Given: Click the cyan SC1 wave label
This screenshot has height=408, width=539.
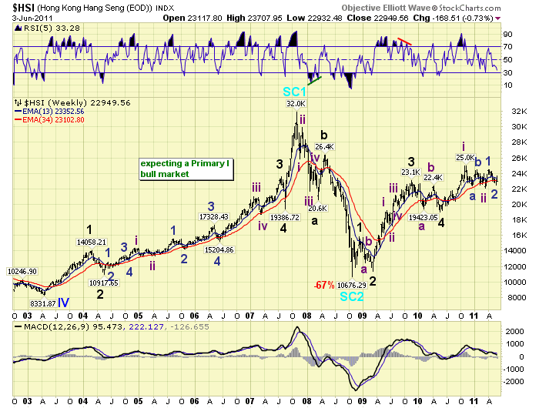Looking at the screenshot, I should tap(296, 92).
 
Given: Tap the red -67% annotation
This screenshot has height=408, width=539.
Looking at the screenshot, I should tap(322, 285).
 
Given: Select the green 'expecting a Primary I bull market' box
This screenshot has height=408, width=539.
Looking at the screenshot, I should tap(185, 169).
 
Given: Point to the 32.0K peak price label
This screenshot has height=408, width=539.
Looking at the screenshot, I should tap(296, 104).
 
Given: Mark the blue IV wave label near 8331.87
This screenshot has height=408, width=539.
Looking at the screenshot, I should tap(63, 303).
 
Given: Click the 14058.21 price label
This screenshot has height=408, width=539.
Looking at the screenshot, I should tap(91, 242).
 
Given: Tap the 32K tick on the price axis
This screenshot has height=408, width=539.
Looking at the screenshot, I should tap(517, 112).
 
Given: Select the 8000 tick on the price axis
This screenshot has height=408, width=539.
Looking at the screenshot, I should tap(517, 297).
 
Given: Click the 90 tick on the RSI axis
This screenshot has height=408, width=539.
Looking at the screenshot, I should tap(509, 34).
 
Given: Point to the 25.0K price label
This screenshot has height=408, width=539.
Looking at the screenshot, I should tap(464, 157).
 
